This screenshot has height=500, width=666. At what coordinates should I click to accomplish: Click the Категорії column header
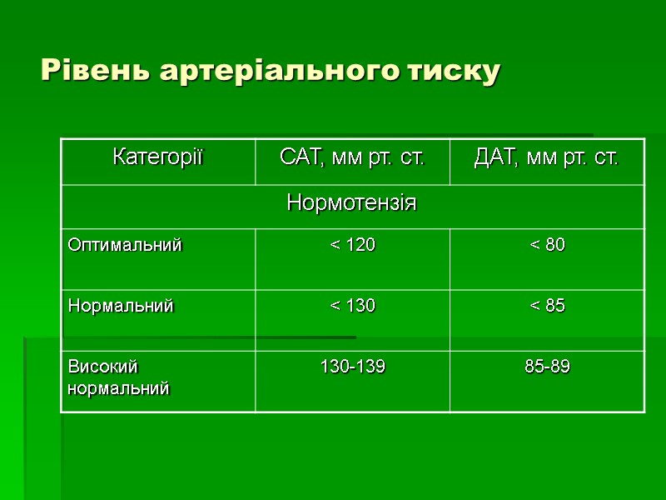click(158, 157)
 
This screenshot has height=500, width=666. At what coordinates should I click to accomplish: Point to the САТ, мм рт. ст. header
click(352, 157)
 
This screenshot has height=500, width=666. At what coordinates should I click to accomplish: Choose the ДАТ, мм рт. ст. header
click(547, 157)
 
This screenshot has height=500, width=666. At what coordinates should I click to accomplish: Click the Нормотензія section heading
click(352, 202)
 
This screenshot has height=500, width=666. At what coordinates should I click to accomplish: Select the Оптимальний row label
click(125, 246)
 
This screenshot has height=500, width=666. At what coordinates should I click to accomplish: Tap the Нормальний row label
click(121, 307)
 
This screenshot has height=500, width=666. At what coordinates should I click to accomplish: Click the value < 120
click(352, 246)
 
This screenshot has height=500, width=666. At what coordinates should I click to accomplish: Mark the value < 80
click(547, 246)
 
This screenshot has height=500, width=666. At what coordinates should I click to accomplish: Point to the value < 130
click(352, 307)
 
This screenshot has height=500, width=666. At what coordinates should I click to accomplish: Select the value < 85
click(547, 307)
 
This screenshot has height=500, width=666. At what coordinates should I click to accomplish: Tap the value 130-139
click(352, 367)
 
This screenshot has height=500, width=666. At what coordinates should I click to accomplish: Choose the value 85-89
click(547, 367)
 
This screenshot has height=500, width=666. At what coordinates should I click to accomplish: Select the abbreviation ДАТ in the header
click(492, 157)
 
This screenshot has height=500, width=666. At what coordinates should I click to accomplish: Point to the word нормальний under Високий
click(118, 388)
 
